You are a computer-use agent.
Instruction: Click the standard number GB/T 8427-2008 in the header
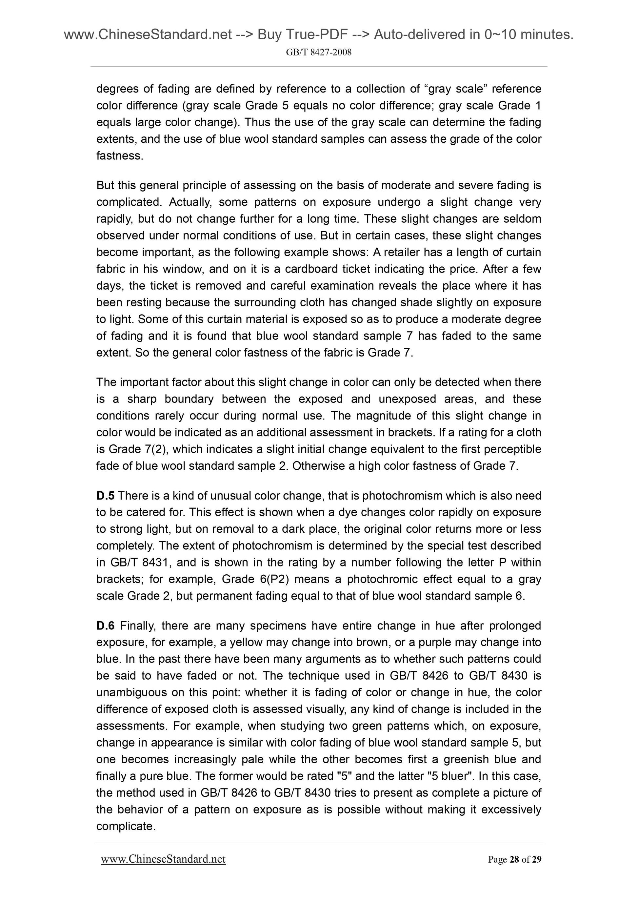tap(318, 52)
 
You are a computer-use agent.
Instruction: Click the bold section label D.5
tap(105, 496)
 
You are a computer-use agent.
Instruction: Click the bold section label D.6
tap(105, 625)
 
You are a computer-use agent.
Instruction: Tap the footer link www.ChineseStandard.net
tap(163, 859)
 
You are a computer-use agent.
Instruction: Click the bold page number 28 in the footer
tap(514, 860)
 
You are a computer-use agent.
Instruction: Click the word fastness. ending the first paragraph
tap(120, 156)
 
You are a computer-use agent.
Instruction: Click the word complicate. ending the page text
tap(126, 826)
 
